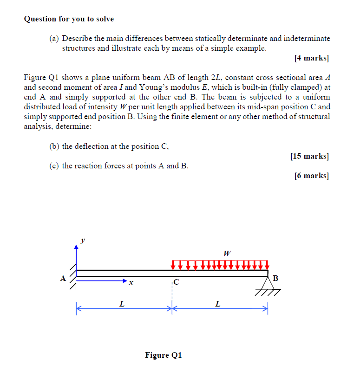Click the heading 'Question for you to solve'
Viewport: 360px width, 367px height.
[x=69, y=19]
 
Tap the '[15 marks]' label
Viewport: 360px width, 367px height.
[x=309, y=156]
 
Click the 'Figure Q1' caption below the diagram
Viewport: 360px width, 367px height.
[x=164, y=355]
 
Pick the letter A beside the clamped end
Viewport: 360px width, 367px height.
[x=63, y=279]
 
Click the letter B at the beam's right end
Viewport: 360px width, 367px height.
[x=276, y=278]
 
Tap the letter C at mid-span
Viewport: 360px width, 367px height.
[x=176, y=282]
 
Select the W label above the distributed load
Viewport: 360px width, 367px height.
[x=227, y=254]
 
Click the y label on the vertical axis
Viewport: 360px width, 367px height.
[x=83, y=240]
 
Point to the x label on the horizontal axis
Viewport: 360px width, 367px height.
[x=131, y=282]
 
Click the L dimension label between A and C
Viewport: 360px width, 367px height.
[x=122, y=304]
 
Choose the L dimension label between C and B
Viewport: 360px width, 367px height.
[x=217, y=304]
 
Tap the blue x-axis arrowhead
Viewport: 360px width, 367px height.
[x=124, y=281]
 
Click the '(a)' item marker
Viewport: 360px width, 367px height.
[x=54, y=38]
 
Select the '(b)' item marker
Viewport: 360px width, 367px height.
[x=54, y=146]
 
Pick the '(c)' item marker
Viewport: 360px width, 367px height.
[x=54, y=166]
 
